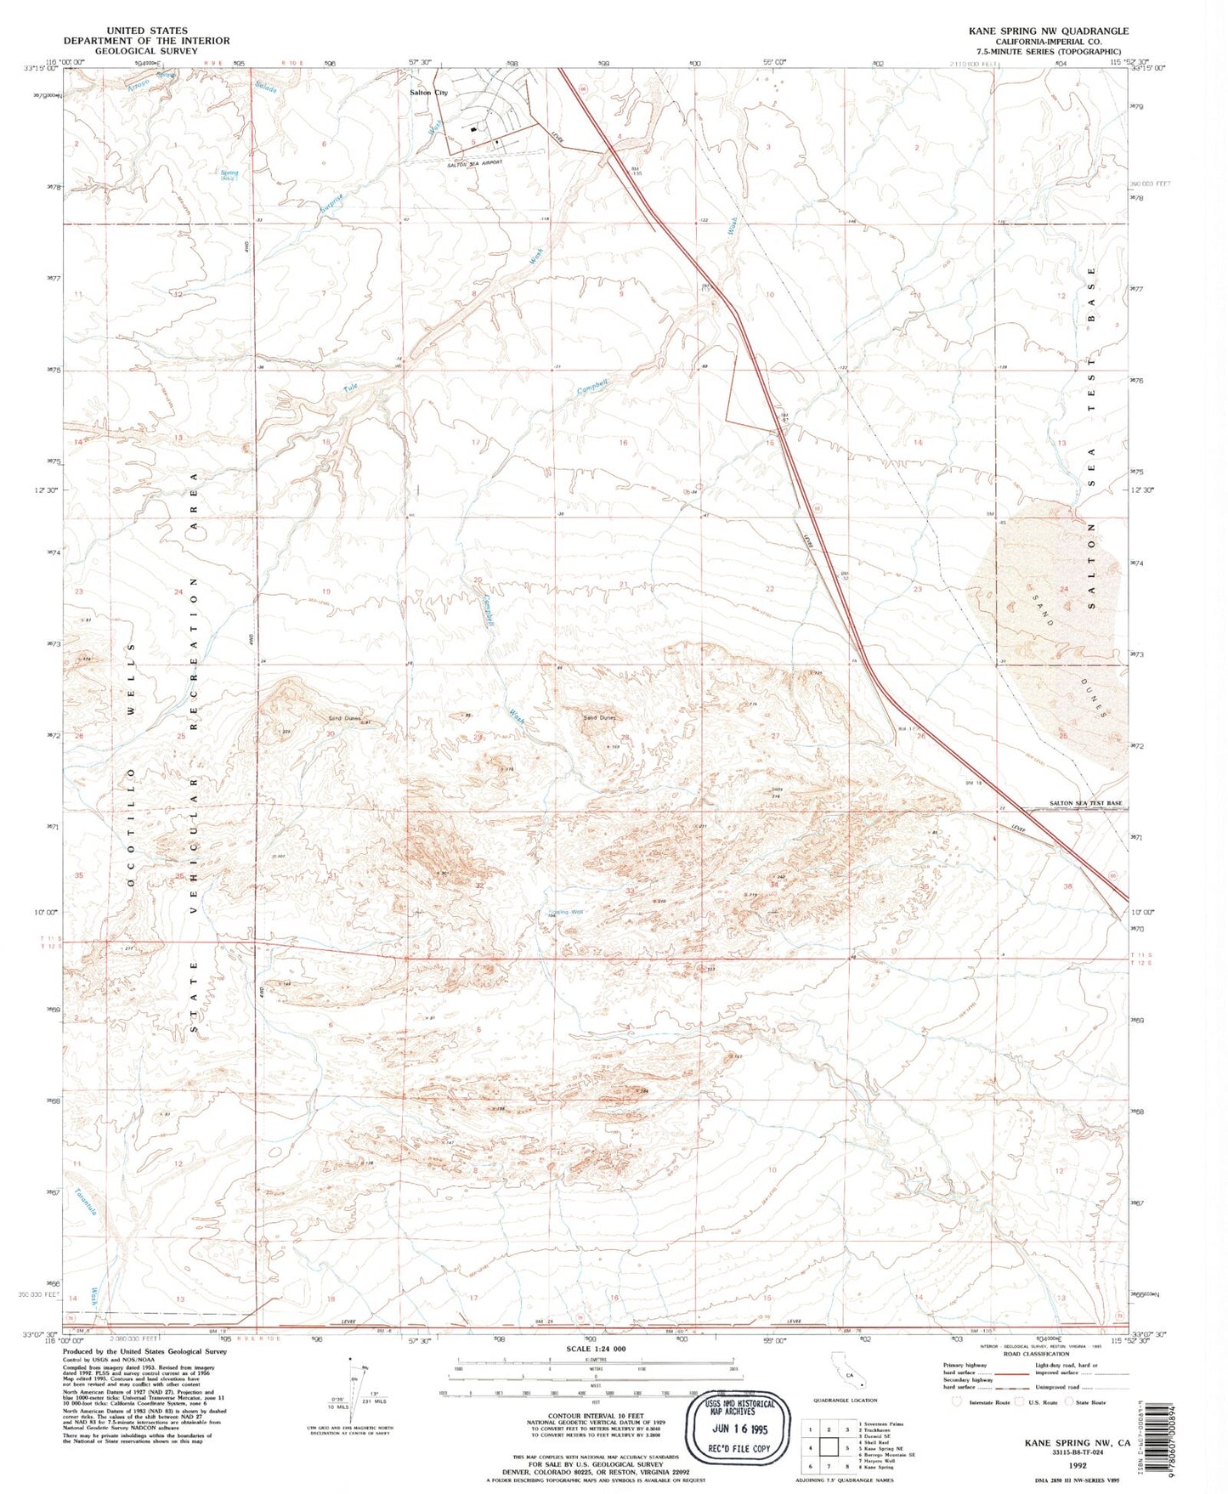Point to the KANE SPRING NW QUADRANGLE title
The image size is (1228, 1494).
[1048, 31]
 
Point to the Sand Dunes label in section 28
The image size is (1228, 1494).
[599, 717]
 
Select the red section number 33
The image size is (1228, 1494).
[630, 890]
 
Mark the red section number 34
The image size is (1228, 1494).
[773, 885]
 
